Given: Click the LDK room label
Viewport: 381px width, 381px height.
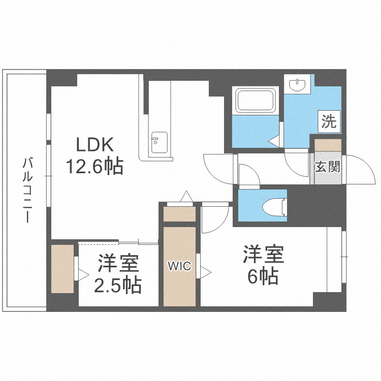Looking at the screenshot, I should point(94,145).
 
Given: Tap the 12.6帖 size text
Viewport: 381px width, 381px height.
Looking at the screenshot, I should point(94,167).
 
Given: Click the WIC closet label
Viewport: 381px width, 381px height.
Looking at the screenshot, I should point(179,266).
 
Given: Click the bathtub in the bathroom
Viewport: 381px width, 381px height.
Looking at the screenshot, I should point(255,101).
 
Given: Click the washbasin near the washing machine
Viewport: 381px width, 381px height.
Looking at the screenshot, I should point(296,84).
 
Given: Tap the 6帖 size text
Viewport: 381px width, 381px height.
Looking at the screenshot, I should point(262,276).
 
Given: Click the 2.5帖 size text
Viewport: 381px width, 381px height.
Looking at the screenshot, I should point(117,285).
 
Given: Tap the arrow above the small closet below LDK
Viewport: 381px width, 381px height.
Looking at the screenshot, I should point(186,196).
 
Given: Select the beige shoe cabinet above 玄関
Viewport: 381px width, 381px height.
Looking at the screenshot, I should point(328,145).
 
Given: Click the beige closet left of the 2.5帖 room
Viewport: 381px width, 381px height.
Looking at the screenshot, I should point(63,270).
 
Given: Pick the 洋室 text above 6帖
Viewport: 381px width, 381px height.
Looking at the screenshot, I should point(263,255).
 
